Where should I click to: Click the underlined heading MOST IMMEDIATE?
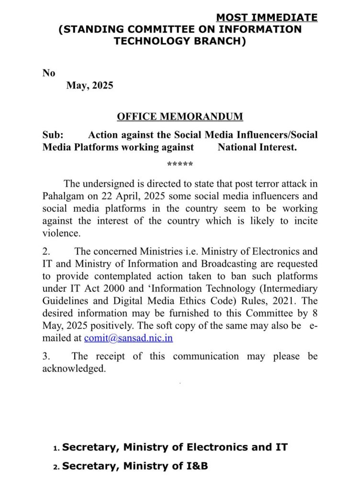coord(267,18)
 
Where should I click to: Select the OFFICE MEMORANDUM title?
coord(180,116)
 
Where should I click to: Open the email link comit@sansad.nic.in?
coord(128,338)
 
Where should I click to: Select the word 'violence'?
coord(60,234)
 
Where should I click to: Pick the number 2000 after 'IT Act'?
coord(120,300)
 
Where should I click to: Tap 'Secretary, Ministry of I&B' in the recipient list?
coord(135,466)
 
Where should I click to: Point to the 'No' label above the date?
coord(49,73)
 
